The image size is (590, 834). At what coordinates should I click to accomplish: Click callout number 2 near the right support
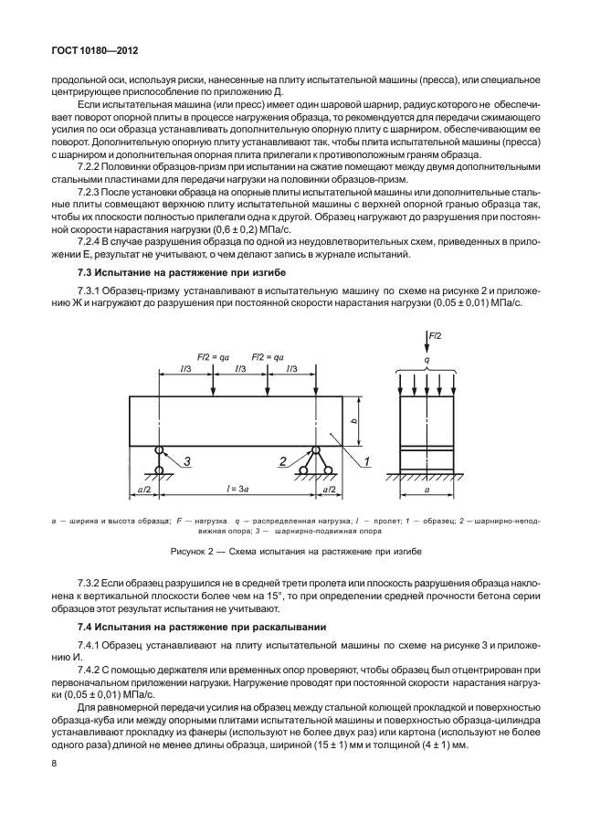pyautogui.click(x=284, y=462)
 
